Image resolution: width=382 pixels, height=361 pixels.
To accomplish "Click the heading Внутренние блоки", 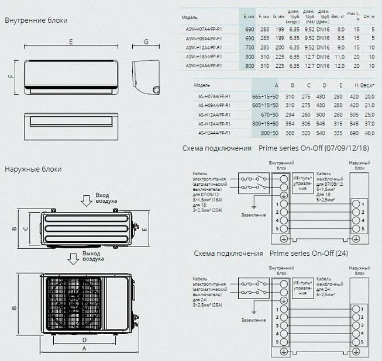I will click(x=36, y=20).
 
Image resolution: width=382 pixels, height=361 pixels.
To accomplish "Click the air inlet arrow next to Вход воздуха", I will click(x=86, y=200).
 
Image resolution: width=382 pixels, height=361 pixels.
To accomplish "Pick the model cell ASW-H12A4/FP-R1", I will click(x=202, y=47).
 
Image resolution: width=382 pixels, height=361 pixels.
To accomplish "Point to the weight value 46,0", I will click(x=369, y=133).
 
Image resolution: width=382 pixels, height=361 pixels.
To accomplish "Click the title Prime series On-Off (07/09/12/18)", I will click(x=314, y=148).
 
